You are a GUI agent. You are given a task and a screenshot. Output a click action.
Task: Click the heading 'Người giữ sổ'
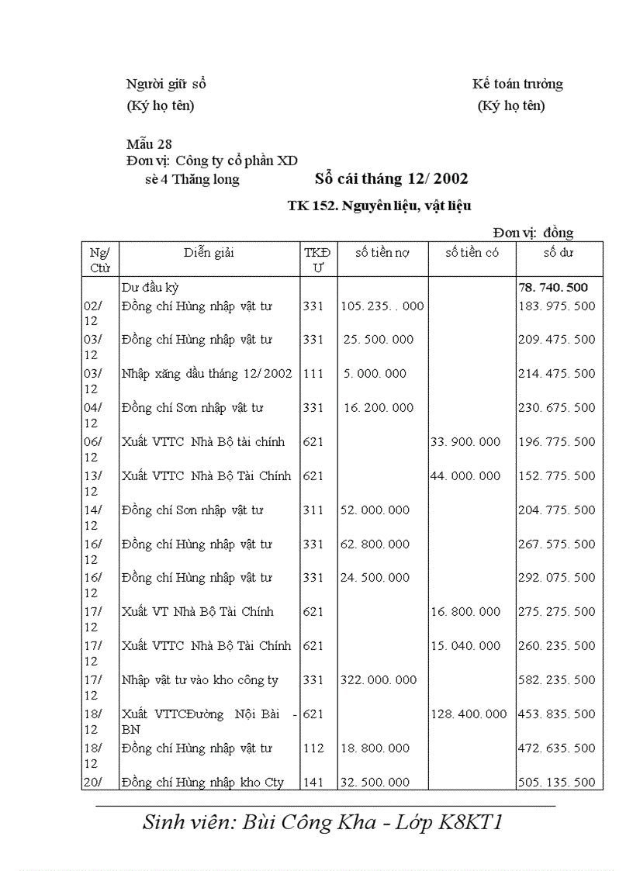coord(166,84)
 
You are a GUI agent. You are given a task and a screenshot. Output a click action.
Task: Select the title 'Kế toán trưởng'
coord(517,84)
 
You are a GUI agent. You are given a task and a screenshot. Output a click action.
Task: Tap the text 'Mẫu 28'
coord(149,143)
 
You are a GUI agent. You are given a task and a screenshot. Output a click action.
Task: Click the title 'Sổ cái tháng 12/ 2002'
coord(391,179)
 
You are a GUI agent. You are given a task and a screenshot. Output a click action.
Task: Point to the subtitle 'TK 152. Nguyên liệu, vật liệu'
coord(379,206)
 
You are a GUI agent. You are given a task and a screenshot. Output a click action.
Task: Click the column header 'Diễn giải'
coord(209,252)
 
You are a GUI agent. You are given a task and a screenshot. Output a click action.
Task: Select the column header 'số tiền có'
coord(472,252)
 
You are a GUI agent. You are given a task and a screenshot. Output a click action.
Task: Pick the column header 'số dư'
coord(559,252)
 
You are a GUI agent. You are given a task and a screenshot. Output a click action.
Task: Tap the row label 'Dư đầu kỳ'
coord(150,287)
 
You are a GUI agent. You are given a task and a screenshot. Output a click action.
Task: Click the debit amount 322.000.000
coord(379,680)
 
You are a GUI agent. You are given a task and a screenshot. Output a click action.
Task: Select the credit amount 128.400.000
coord(469,714)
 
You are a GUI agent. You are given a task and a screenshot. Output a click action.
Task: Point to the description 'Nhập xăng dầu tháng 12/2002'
coord(206,374)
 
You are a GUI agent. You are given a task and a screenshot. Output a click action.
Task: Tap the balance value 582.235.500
coord(557,680)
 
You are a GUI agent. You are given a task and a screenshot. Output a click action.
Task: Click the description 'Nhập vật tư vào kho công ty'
coord(200,680)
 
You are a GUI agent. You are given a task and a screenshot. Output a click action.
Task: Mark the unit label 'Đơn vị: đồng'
coord(533,233)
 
